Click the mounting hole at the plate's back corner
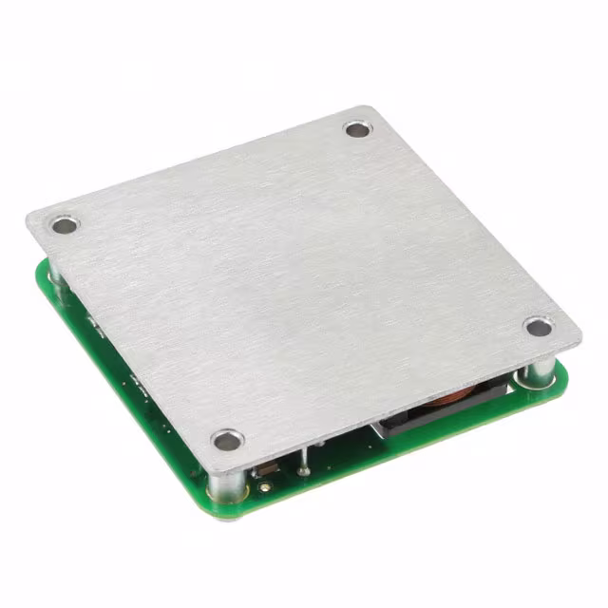pyautogui.click(x=356, y=129)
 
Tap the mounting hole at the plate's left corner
pyautogui.click(x=64, y=226)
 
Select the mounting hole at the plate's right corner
pyautogui.click(x=538, y=328)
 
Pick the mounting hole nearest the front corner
pyautogui.click(x=227, y=440)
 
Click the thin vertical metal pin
pyautogui.click(x=303, y=462)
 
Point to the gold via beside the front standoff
pyautogui.click(x=262, y=488)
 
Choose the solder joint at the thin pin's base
pyautogui.click(x=303, y=472)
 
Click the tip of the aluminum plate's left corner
pyautogui.click(x=28, y=218)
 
